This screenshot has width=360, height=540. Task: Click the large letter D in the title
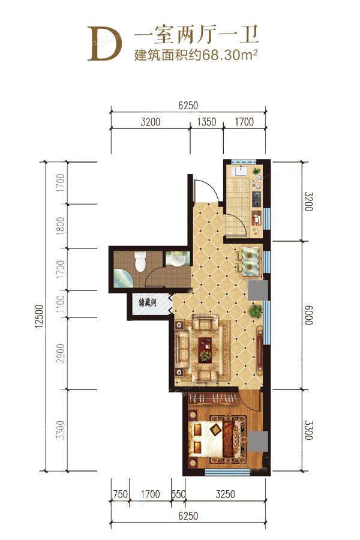pos(105,43)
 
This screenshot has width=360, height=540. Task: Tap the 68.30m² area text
pos(230,55)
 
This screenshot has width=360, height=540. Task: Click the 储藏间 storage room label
pos(148,302)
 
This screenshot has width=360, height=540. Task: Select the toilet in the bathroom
pos(140,262)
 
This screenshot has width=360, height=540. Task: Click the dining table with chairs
pos(250,261)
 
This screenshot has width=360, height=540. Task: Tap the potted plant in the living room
pos(256,311)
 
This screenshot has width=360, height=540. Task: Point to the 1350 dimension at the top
pos(206,122)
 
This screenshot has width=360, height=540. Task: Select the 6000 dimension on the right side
pos(308,315)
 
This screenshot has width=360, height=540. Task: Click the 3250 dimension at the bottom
pos(226,494)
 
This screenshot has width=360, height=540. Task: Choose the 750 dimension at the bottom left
pos(120,494)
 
